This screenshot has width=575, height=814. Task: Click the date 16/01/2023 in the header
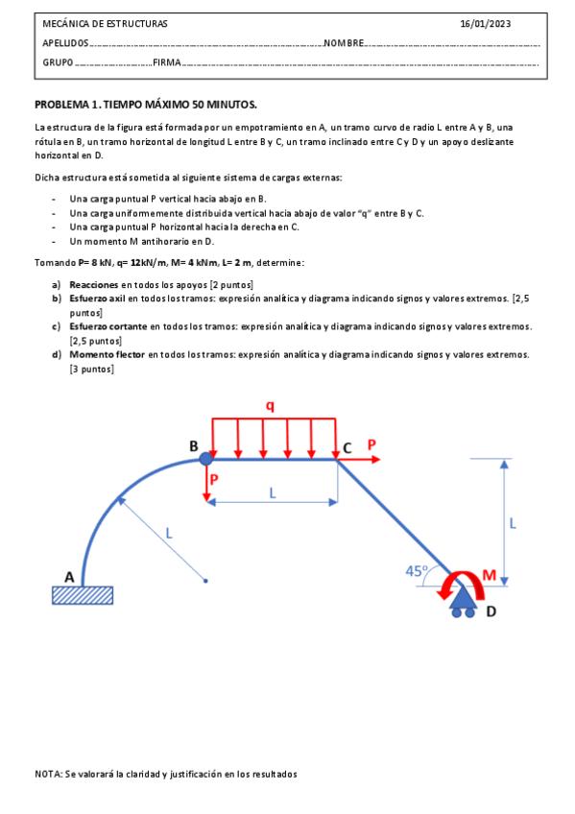point(486,23)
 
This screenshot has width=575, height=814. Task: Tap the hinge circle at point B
point(206,460)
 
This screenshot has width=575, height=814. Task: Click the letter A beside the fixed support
point(69,576)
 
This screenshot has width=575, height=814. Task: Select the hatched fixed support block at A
point(82,595)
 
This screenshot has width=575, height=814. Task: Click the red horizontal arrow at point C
point(360,460)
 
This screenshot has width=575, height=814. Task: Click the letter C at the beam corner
point(347,446)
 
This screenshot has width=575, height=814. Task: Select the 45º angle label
point(417,569)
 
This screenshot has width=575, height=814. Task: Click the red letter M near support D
point(489,575)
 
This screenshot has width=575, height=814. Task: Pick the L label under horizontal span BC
point(272,491)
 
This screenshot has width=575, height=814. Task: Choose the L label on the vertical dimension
point(513,523)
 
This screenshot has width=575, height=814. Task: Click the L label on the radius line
point(169,531)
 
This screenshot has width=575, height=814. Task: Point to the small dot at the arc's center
point(206,581)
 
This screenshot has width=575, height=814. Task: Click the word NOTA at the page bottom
point(48,774)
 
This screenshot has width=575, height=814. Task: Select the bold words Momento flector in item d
point(108,354)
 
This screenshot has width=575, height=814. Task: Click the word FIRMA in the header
point(166,62)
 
